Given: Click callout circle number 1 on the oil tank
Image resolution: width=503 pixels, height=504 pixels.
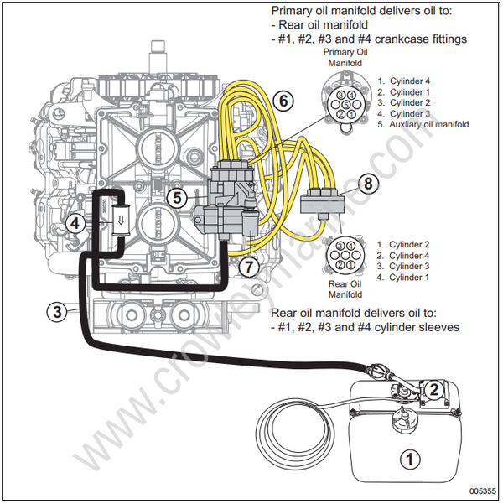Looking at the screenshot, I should pos(409,459).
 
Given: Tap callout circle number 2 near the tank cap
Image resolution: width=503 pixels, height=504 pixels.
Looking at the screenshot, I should pos(433,388).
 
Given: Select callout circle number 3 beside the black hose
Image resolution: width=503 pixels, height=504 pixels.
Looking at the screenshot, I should pos(56,312).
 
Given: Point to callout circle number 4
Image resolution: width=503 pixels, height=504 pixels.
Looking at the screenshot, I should pos(75,223).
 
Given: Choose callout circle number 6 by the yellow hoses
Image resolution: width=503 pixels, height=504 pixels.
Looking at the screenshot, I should pos(284,101).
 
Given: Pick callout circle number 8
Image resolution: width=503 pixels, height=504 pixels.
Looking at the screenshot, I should pos(370,184).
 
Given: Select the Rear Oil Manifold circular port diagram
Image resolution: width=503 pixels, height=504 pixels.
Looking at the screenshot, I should pos(343,256).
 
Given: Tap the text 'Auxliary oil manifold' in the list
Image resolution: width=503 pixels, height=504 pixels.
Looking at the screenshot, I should pos(428,124).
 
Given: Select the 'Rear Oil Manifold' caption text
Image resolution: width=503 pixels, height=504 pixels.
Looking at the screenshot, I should pos(344,288).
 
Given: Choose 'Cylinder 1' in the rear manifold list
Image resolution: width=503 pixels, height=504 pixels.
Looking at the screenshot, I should pos(411,277).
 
